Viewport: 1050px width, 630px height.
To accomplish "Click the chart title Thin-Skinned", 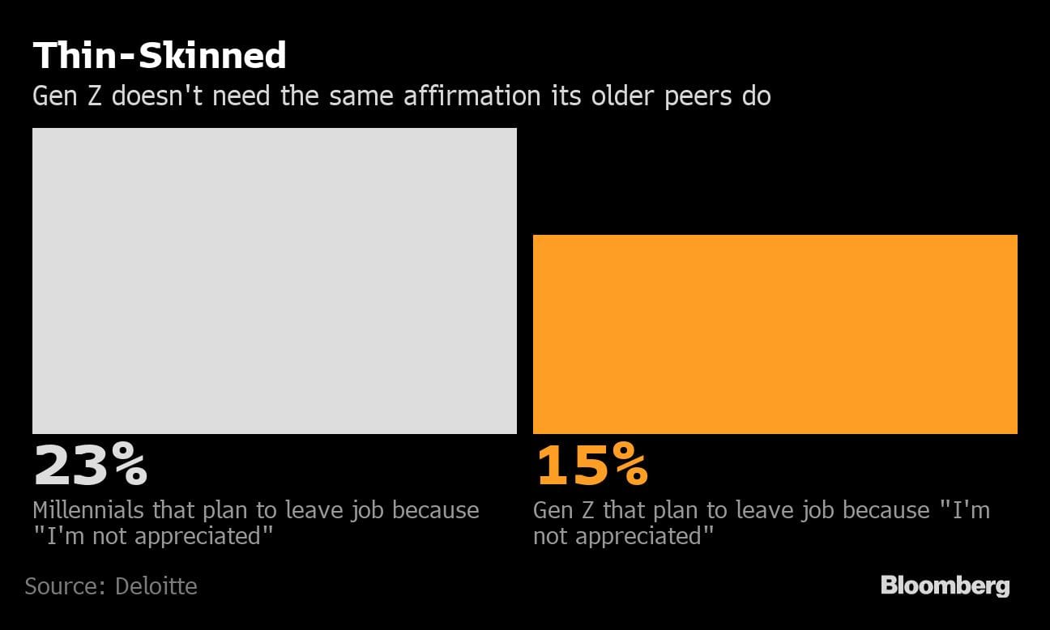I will (x=159, y=56).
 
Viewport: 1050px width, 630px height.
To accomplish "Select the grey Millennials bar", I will (x=274, y=280).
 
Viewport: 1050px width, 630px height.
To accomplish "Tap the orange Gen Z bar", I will (x=775, y=334).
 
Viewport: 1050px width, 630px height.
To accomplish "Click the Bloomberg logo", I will (x=945, y=585).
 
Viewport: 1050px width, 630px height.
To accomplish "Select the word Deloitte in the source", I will (x=156, y=585).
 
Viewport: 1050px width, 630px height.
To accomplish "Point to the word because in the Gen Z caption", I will (x=886, y=510).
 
